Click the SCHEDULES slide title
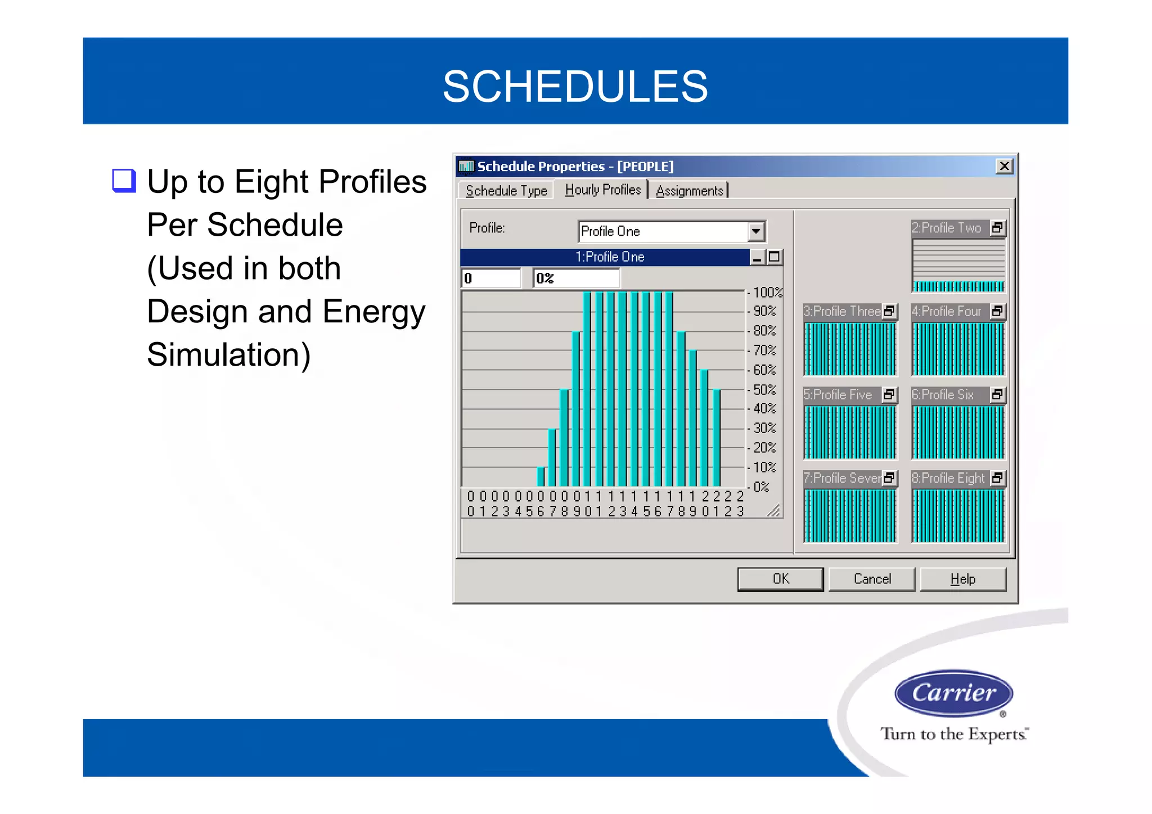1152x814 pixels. [575, 86]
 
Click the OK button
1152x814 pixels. [780, 579]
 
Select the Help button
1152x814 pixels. [962, 579]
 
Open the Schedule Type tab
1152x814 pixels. [506, 191]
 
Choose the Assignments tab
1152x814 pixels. [690, 191]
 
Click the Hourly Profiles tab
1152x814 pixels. [602, 190]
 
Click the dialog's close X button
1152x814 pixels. [1004, 166]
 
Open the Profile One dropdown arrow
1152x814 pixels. [756, 231]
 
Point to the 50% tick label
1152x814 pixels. [764, 389]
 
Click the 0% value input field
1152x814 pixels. [576, 278]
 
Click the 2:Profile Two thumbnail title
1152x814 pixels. [947, 228]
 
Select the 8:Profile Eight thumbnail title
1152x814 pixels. [948, 478]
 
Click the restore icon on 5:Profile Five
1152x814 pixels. [889, 395]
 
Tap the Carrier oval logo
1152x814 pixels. [953, 692]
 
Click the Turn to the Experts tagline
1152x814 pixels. [954, 734]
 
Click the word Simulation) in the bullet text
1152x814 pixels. [228, 354]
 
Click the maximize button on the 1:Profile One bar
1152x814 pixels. [775, 257]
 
